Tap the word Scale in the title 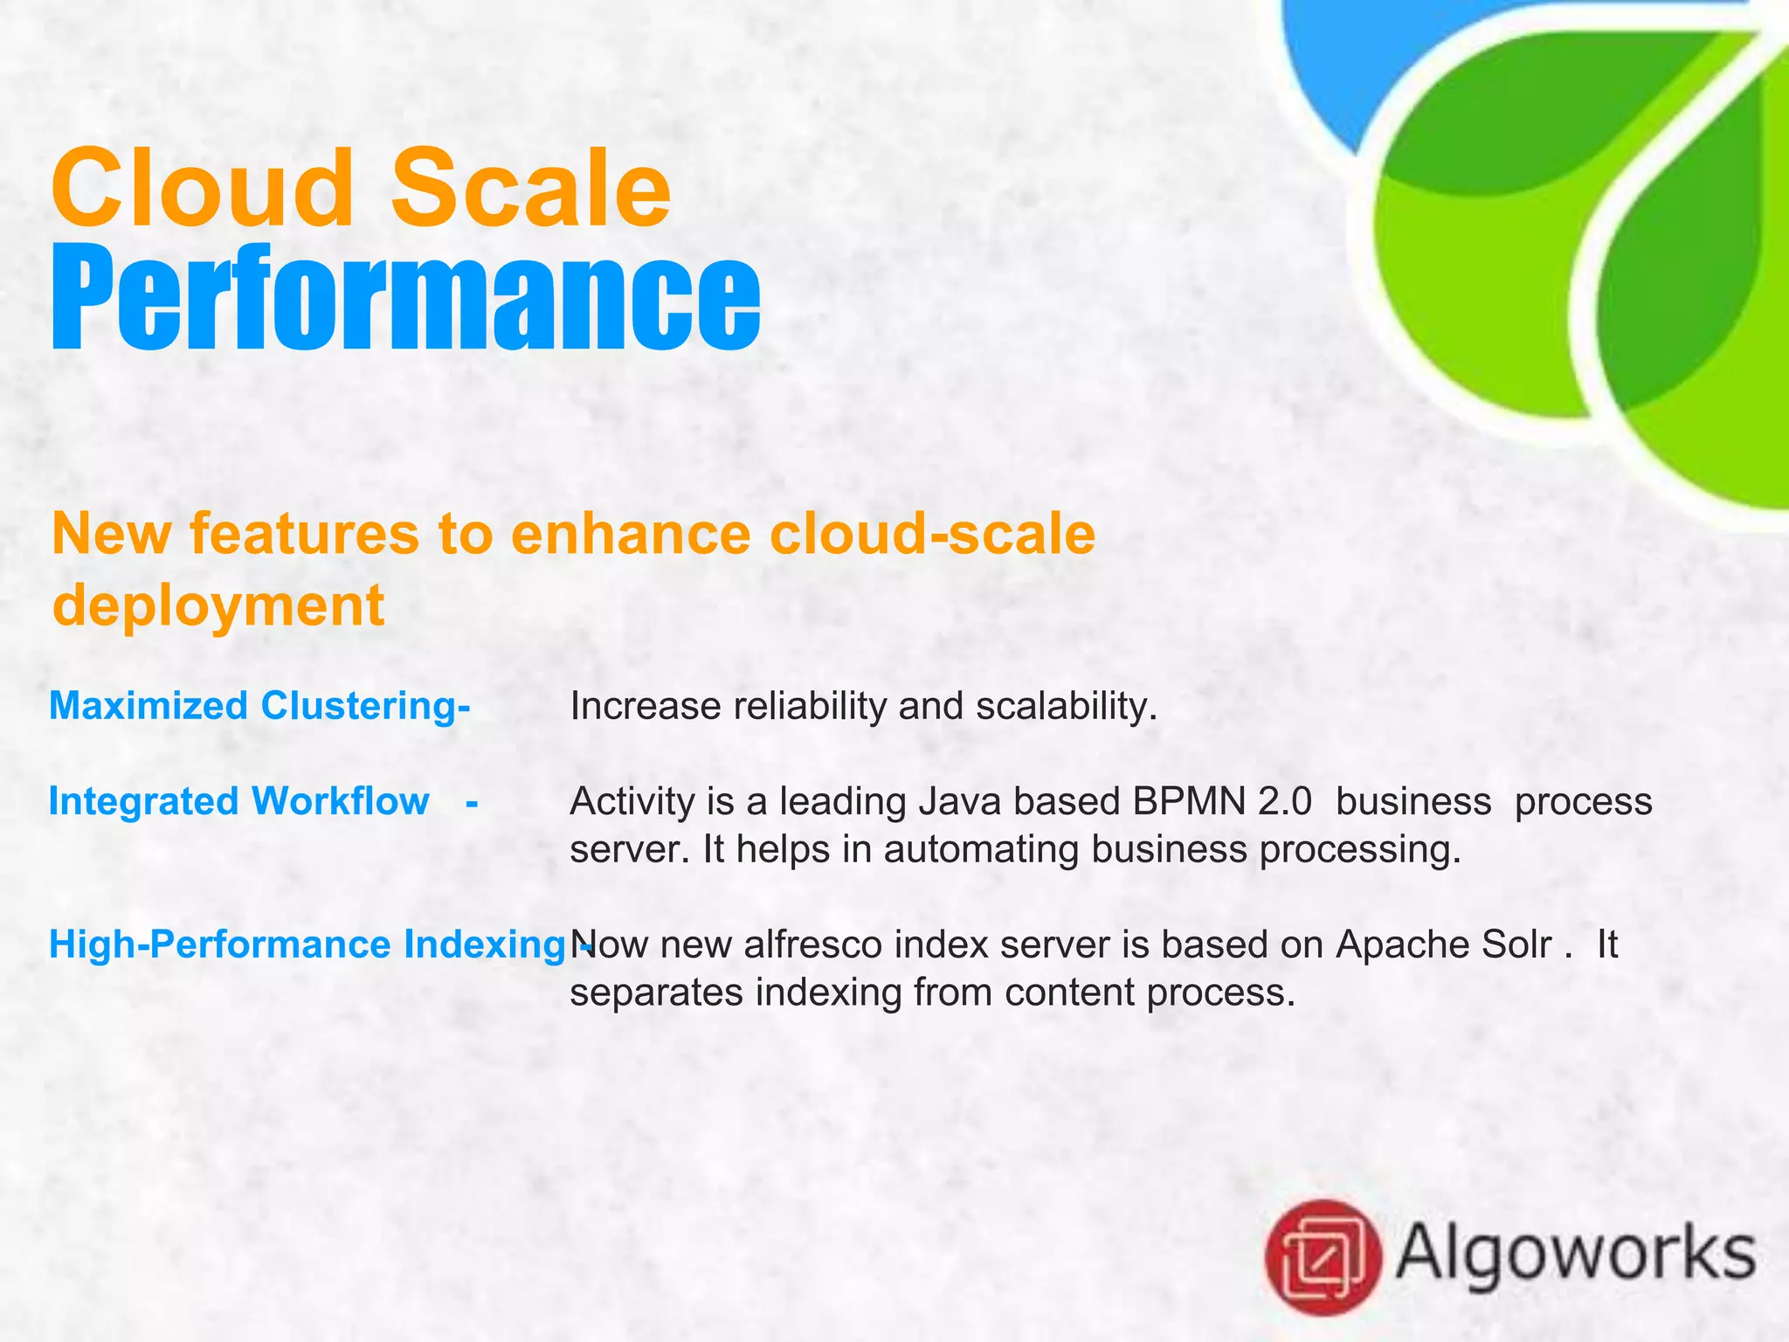click(x=531, y=188)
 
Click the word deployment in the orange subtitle click(x=218, y=605)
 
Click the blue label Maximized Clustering click(x=259, y=706)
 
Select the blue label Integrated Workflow click(x=238, y=801)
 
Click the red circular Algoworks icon click(x=1323, y=1257)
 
